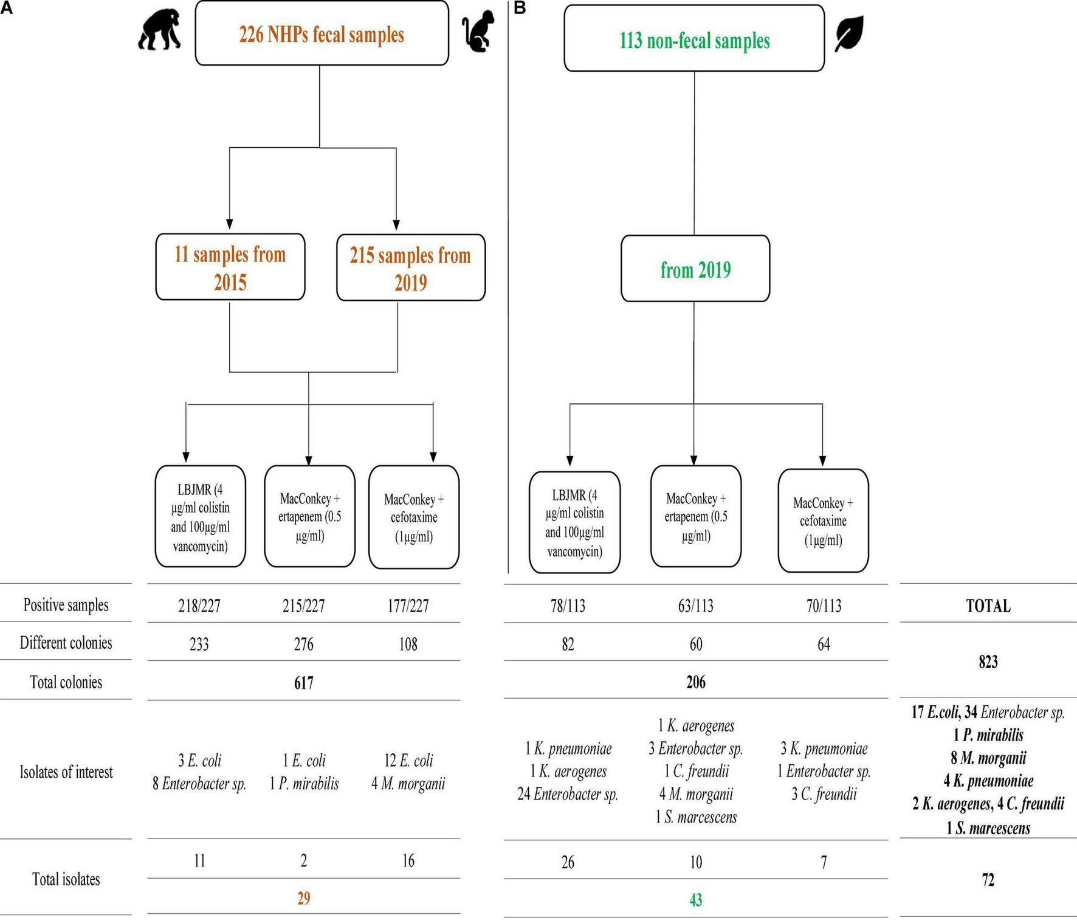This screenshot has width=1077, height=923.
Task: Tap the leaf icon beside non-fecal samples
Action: pyautogui.click(x=849, y=34)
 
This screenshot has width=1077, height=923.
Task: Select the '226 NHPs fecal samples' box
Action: pyautogui.click(x=322, y=34)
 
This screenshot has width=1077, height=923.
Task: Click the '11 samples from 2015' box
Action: pyautogui.click(x=230, y=267)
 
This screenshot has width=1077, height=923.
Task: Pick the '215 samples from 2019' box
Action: pyautogui.click(x=410, y=268)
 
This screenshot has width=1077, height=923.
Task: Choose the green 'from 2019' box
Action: pyautogui.click(x=695, y=269)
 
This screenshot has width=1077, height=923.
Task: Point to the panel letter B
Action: pyautogui.click(x=520, y=8)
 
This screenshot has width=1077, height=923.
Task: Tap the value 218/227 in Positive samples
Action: pyautogui.click(x=199, y=606)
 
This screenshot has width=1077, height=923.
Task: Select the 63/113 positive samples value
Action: pyautogui.click(x=695, y=606)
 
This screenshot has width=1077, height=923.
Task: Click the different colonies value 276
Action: pyautogui.click(x=303, y=644)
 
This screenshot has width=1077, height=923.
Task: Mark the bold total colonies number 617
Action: pyautogui.click(x=303, y=683)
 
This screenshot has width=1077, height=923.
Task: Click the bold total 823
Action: pyautogui.click(x=988, y=662)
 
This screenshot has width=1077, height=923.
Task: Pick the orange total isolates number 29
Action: pyautogui.click(x=303, y=898)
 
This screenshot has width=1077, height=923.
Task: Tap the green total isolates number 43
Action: pyautogui.click(x=695, y=899)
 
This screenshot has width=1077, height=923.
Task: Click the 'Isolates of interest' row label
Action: pyautogui.click(x=66, y=772)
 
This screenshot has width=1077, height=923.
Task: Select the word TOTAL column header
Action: pyautogui.click(x=988, y=606)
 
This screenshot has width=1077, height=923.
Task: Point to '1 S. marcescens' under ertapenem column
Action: pyautogui.click(x=695, y=817)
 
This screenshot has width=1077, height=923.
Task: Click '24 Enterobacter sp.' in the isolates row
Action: pyautogui.click(x=567, y=794)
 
